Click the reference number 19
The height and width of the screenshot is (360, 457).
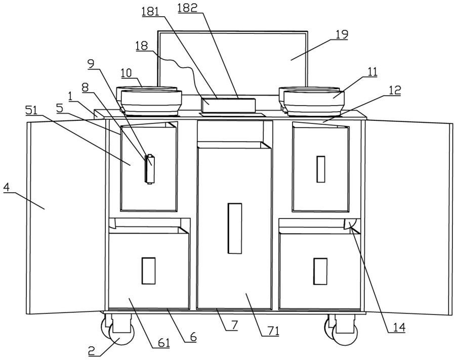[x=341, y=35]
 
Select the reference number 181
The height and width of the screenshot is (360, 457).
[x=150, y=12]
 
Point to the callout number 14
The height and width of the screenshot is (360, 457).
[x=399, y=328]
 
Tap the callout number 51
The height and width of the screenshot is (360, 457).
[x=31, y=110]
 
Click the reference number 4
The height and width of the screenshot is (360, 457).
[x=7, y=187]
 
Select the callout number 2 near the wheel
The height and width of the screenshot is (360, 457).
[x=92, y=351]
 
